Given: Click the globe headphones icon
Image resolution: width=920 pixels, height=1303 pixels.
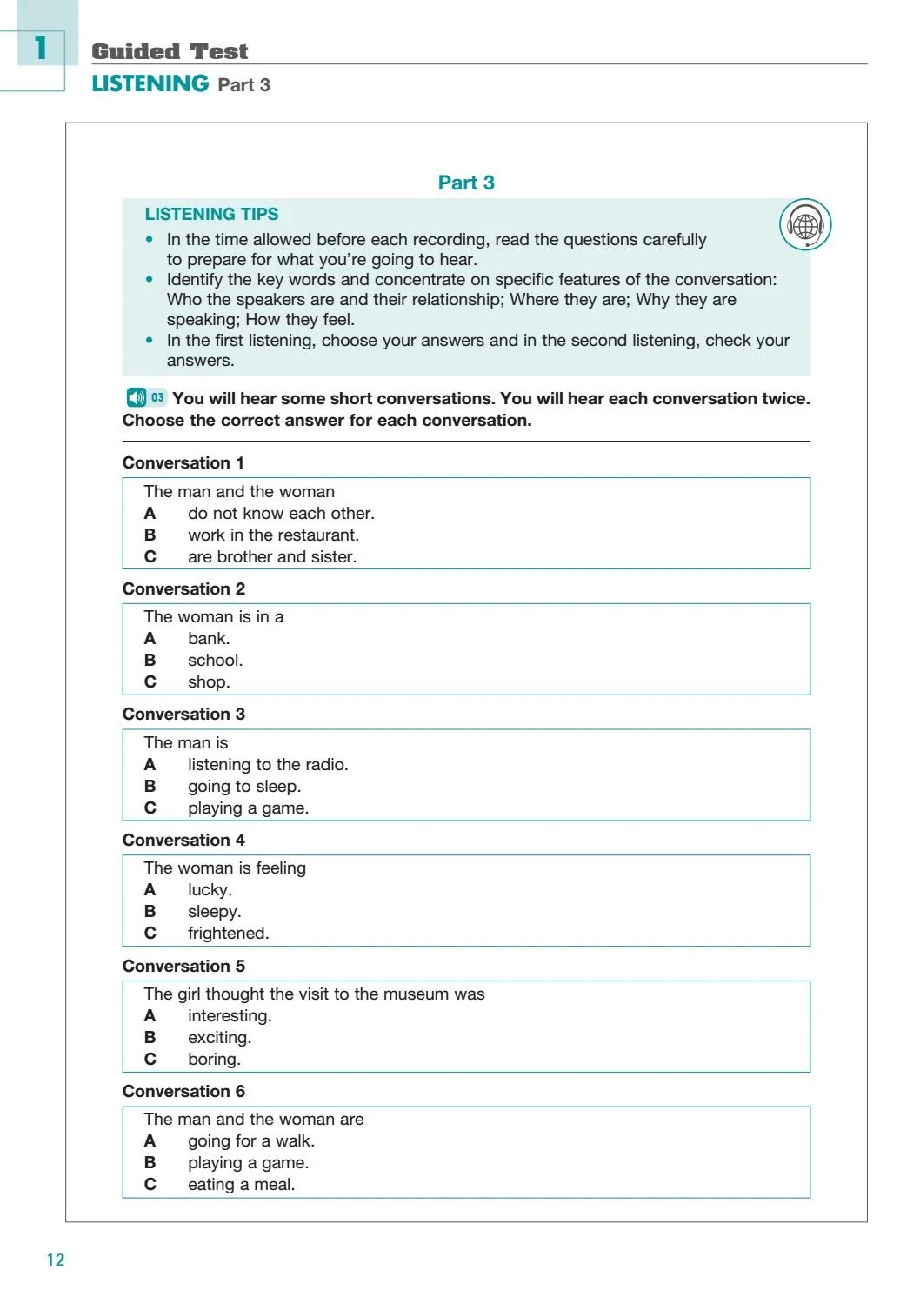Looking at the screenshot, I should pos(805,225).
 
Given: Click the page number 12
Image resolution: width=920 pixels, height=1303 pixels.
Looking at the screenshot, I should pos(56,1260).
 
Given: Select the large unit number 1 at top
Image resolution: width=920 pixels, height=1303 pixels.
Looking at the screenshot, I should pos(41,48).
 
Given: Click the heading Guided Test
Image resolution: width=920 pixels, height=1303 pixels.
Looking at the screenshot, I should pos(170,51).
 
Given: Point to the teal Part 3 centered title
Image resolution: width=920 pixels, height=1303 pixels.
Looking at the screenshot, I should pos(466,183).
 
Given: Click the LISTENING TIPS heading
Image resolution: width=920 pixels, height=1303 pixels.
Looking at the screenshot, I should pos(211,214).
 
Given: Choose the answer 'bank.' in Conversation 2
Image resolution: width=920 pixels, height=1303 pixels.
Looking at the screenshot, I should pos(209,639).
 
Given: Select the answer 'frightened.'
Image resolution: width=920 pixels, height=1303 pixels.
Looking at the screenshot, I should pos(228,934).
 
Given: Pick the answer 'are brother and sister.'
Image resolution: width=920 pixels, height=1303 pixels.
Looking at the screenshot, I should pos(271,557).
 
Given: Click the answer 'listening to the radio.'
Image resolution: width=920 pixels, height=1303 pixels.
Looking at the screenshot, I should pos(268,765).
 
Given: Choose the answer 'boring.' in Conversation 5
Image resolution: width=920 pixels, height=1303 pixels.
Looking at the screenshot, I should pos(214,1060).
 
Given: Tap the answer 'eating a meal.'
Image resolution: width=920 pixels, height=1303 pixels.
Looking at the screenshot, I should pos(241,1185).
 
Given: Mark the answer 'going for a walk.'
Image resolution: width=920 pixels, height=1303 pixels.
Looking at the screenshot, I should pos(250,1141).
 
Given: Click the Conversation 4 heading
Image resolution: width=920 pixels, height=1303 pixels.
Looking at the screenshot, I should pos(183,841).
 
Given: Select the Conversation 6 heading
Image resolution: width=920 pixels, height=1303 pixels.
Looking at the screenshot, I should pos(183,1092).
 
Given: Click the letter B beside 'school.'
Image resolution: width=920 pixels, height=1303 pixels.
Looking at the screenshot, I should pos(150,661).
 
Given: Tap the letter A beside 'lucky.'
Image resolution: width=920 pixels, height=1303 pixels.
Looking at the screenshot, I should pos(150,890).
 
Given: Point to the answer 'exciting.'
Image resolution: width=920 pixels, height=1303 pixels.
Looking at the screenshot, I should pos(219,1038).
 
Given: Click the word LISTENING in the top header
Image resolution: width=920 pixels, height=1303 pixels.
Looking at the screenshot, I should pos(150,83).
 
